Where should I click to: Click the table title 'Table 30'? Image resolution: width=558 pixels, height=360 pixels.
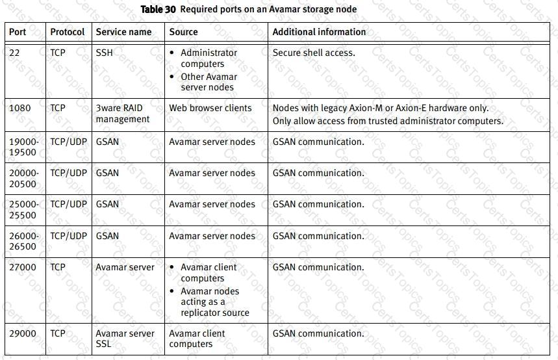(158, 10)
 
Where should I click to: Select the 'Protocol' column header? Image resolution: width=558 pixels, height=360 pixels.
(68, 32)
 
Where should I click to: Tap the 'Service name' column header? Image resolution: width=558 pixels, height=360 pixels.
(123, 32)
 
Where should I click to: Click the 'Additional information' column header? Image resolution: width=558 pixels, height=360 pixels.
(319, 32)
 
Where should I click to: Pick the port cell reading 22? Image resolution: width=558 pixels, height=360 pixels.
(14, 53)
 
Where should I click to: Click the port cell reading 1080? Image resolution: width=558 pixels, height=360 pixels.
(19, 108)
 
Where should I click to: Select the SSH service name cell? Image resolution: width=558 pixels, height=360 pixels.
(105, 53)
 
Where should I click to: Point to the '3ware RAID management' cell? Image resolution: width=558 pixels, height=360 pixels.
(122, 113)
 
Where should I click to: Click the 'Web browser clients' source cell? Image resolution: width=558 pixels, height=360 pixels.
(210, 108)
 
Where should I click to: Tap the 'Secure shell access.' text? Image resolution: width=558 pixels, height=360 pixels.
(314, 53)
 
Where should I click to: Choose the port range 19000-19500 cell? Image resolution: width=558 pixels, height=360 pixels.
(23, 147)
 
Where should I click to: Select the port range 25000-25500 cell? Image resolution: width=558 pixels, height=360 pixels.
(23, 209)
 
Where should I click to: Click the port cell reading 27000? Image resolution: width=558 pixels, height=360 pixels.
(23, 267)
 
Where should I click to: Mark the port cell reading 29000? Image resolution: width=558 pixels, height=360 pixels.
(23, 333)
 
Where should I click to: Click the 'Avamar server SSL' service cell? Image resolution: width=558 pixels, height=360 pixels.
(125, 339)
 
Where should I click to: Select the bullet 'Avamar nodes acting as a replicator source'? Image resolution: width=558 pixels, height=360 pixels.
(214, 302)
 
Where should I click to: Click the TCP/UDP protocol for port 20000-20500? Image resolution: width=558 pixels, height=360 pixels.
(68, 173)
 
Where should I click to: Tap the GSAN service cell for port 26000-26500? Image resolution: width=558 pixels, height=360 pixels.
(107, 236)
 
